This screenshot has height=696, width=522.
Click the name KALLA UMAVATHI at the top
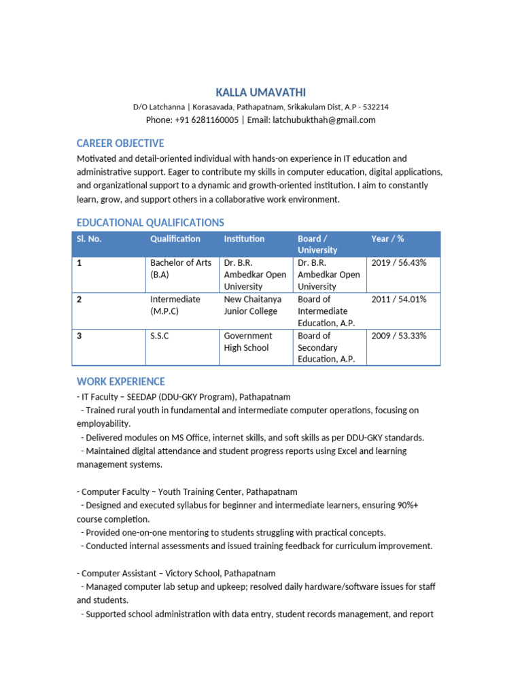tap(260, 92)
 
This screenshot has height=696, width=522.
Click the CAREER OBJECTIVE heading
tap(120, 143)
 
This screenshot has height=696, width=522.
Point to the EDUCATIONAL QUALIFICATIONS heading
tap(150, 223)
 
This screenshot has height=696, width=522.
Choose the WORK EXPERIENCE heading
tap(120, 381)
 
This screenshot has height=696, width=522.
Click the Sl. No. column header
tap(89, 239)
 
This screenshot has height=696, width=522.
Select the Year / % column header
tap(387, 239)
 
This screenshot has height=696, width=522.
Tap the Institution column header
tap(244, 239)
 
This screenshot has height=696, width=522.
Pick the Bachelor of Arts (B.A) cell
tap(180, 268)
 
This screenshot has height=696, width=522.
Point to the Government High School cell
tap(248, 341)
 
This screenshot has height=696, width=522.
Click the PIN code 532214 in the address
tap(376, 107)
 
